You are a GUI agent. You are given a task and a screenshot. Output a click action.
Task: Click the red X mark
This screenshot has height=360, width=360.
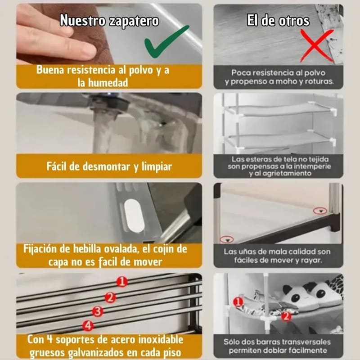[x=317, y=46]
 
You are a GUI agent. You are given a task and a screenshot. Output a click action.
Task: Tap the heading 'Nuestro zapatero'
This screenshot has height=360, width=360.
[x=109, y=21]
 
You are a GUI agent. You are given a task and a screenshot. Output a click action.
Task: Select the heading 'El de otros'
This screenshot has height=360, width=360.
[x=278, y=20]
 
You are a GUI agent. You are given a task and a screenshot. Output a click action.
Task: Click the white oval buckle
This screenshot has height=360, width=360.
[x=134, y=216]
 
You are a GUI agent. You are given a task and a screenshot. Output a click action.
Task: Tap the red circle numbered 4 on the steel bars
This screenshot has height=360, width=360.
[x=88, y=325]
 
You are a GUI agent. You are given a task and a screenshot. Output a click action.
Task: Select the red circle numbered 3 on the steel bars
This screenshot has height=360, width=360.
[x=98, y=311]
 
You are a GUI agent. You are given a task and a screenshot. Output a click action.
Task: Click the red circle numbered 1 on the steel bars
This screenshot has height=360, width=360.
[x=122, y=282]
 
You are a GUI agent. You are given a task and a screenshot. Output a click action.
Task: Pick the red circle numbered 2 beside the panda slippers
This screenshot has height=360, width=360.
[x=286, y=317]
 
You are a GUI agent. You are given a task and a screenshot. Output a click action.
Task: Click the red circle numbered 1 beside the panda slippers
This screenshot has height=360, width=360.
[x=238, y=302]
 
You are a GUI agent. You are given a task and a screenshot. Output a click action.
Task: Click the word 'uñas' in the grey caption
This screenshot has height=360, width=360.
[x=248, y=252]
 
